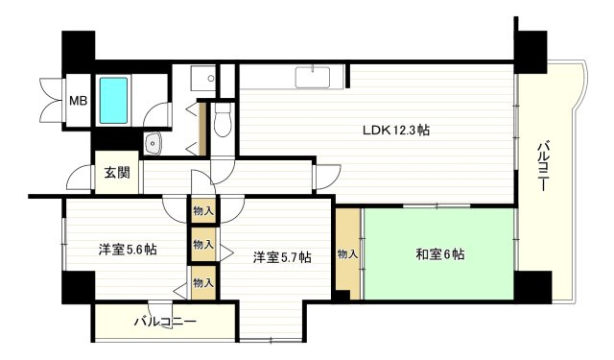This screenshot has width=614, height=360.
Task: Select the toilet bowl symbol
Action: [223, 121]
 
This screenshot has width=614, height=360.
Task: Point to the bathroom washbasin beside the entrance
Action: [153, 144]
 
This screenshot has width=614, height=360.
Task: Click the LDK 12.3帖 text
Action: [394, 131]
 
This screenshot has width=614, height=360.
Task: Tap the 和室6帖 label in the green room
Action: [440, 254]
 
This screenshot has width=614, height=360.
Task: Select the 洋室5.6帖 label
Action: [128, 249]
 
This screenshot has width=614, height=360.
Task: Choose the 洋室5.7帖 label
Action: [282, 256]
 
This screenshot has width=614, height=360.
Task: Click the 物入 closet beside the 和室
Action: [347, 253]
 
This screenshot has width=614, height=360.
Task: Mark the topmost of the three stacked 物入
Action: [203, 209]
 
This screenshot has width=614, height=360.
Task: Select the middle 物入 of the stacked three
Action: [203, 245]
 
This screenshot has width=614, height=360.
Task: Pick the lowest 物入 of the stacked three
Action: [203, 281]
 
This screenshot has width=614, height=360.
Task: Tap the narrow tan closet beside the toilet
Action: [202, 125]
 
